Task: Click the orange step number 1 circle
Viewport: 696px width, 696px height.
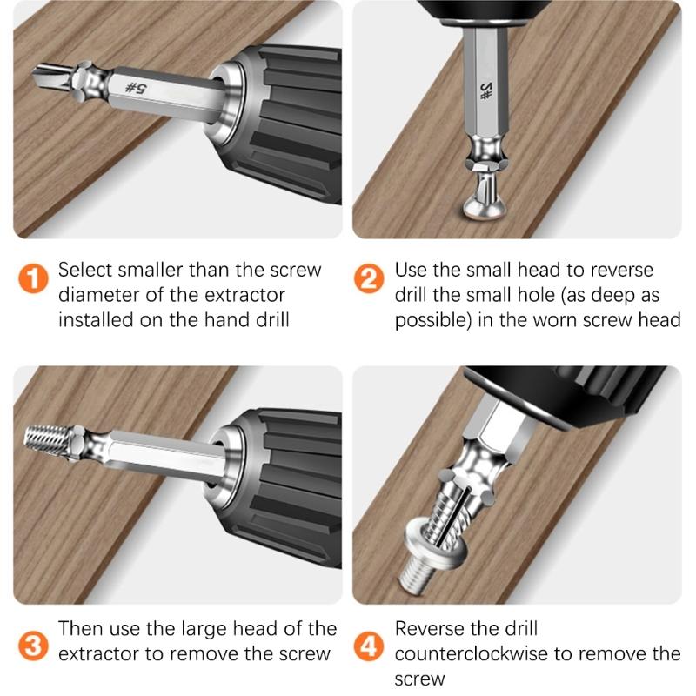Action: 32,281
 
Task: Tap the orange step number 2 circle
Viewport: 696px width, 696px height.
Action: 369,281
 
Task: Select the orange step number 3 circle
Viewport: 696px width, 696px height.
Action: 32,646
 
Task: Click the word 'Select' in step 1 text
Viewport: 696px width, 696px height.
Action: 84,270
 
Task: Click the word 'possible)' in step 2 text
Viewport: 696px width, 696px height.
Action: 432,319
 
